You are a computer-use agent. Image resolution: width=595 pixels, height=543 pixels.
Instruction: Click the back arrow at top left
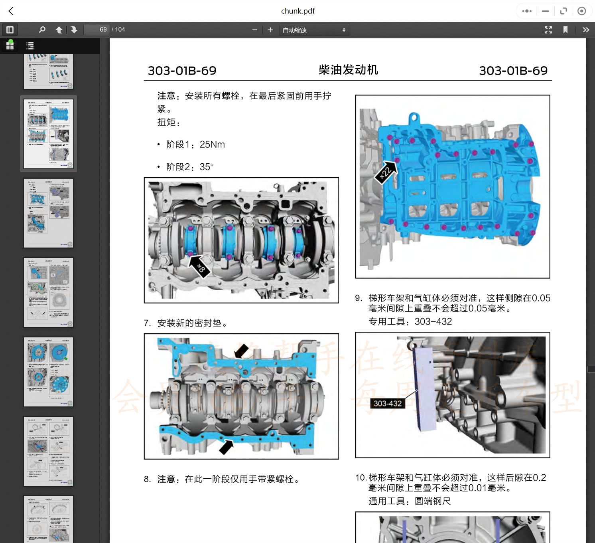coord(11,11)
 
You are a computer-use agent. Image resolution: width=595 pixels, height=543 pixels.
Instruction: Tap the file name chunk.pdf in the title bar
coord(297,11)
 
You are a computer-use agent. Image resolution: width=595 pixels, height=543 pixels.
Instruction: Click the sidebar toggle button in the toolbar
coord(10,30)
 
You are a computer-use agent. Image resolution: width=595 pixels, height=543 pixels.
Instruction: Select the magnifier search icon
coord(42,30)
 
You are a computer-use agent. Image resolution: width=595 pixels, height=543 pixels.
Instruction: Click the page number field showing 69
coord(97,30)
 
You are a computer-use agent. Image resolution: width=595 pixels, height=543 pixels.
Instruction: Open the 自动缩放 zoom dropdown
coord(314,30)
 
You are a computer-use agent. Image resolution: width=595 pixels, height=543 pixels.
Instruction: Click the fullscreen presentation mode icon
coord(548,30)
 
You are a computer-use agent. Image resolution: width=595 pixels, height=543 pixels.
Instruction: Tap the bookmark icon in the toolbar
coord(565,30)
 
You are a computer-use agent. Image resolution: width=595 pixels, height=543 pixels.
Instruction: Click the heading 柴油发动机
coord(348,70)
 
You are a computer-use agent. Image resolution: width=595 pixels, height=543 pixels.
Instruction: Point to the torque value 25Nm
coord(212,145)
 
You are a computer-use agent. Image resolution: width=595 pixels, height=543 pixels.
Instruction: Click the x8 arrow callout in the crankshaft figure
coord(199,267)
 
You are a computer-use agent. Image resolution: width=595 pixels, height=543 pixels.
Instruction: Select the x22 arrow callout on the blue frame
coord(386,172)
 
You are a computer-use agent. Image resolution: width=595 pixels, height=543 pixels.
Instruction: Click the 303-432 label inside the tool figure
coord(387,403)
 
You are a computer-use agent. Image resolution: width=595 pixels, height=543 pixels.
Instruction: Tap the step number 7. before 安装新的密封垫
coord(147,323)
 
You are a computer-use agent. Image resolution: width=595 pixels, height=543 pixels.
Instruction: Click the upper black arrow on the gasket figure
coord(241,351)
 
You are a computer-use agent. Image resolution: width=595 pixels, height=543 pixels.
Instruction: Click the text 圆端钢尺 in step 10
coord(433,501)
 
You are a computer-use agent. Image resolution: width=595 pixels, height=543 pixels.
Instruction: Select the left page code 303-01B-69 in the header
coord(182,71)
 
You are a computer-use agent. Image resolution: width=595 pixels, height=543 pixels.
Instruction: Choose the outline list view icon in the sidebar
coord(30,46)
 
